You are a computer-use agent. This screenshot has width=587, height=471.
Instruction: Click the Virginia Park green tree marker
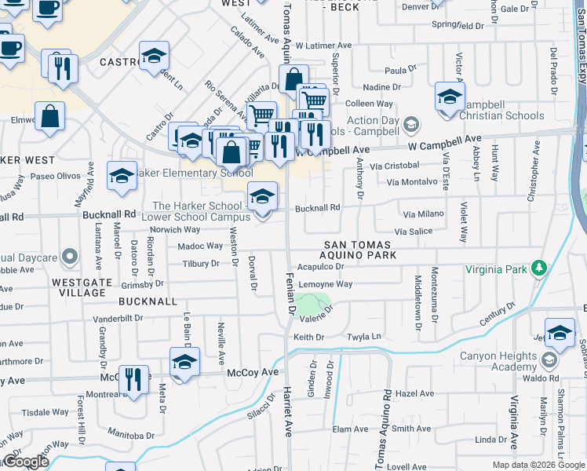[539, 268]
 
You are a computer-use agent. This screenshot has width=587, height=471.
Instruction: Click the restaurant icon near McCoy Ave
[133, 381]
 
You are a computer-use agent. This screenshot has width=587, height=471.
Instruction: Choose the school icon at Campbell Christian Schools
[449, 97]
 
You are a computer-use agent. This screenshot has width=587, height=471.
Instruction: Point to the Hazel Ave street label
[415, 393]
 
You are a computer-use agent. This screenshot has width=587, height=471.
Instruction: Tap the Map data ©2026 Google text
[538, 465]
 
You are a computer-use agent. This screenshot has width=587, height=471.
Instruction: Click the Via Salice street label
[413, 232]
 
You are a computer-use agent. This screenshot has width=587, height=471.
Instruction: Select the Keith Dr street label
[308, 337]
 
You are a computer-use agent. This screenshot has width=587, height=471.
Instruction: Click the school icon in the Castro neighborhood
[155, 57]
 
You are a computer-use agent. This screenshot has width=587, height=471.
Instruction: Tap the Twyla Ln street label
[363, 337]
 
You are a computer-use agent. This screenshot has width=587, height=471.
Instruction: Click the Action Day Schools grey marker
[410, 124]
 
